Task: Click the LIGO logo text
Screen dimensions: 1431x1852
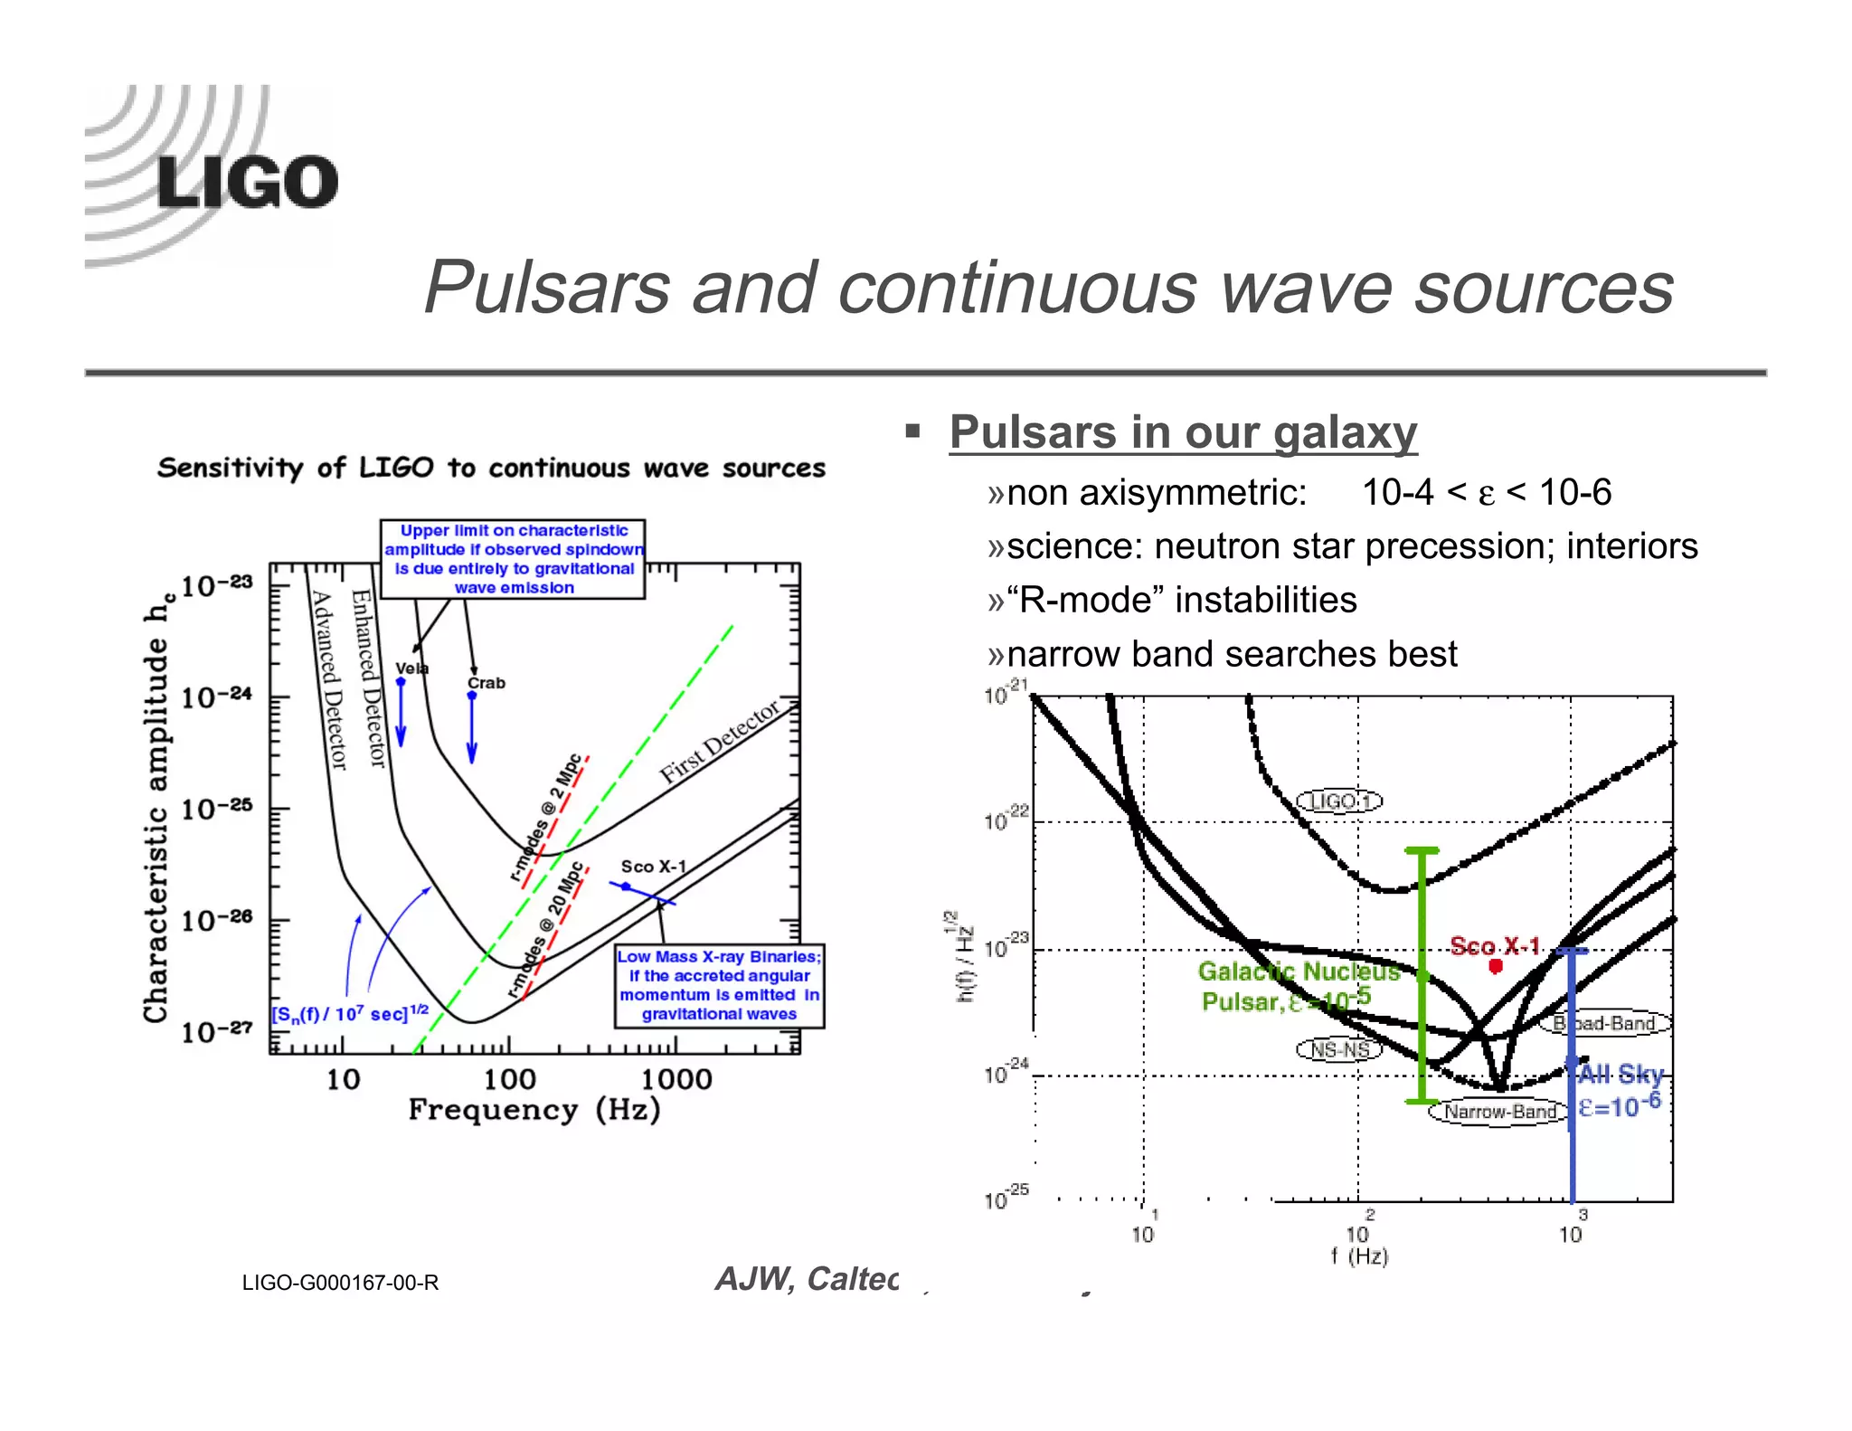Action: click(x=246, y=183)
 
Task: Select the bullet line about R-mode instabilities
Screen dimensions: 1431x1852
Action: click(x=1181, y=600)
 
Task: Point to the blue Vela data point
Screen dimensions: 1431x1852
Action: click(x=401, y=682)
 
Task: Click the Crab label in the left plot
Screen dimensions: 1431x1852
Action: click(x=487, y=683)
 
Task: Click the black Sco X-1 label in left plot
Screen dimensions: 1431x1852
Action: click(x=653, y=867)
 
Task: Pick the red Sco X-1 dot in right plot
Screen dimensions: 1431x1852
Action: click(x=1496, y=966)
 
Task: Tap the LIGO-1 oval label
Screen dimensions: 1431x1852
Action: click(x=1339, y=801)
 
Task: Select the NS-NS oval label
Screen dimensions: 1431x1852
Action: click(x=1339, y=1049)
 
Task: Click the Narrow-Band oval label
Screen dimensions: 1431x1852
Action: click(x=1498, y=1112)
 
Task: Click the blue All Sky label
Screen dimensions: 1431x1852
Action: click(x=1620, y=1075)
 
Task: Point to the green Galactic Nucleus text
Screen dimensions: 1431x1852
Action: click(x=1299, y=971)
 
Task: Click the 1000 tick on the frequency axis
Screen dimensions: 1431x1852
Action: click(x=676, y=1079)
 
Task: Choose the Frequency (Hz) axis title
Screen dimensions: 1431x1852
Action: click(x=534, y=1110)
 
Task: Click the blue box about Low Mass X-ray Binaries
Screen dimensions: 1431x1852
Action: click(x=719, y=985)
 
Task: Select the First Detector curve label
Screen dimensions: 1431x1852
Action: click(x=719, y=741)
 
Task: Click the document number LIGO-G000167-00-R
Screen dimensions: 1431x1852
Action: click(x=340, y=1283)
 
